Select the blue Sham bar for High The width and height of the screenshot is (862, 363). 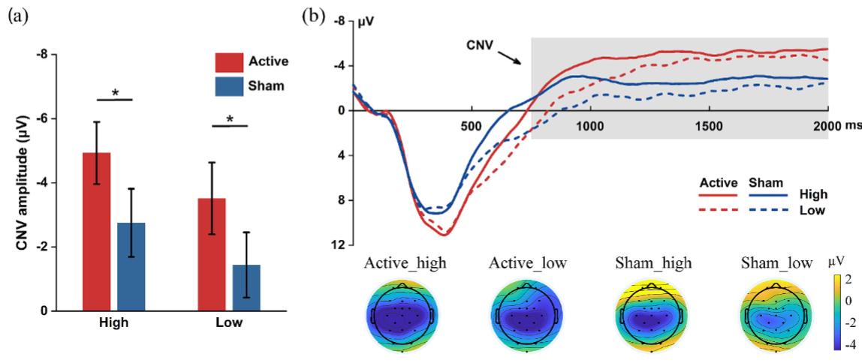[131, 266]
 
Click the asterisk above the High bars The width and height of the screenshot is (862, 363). [114, 93]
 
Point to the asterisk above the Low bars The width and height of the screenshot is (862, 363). [229, 119]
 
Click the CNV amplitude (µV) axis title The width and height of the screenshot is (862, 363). [23, 182]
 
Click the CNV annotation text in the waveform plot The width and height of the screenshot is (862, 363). [478, 45]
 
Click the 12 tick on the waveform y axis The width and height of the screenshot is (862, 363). [340, 245]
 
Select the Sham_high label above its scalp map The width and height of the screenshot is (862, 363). [653, 263]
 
